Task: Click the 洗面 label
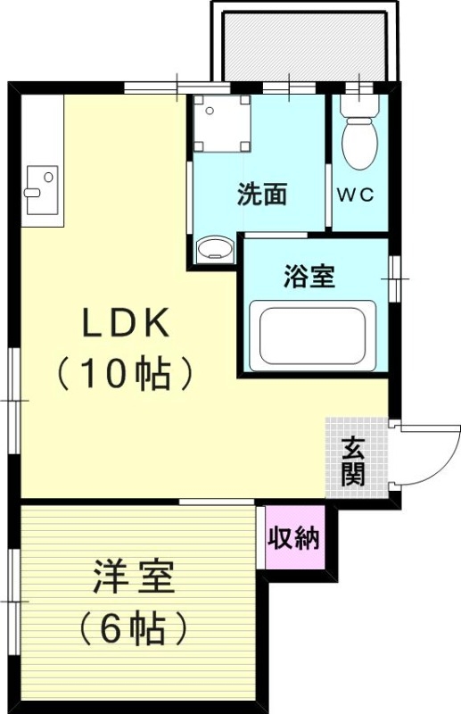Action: click(x=262, y=195)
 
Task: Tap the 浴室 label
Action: click(x=309, y=278)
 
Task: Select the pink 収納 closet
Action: click(x=294, y=538)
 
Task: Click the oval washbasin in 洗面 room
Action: click(x=212, y=248)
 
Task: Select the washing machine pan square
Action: click(x=220, y=123)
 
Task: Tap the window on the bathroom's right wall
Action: click(x=393, y=279)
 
